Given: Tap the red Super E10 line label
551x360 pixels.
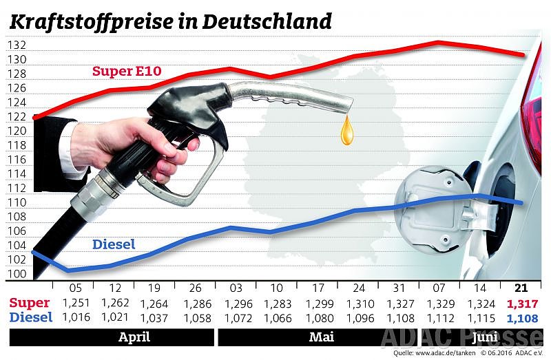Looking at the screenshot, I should [x=127, y=72].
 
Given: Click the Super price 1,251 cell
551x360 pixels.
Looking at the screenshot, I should [x=76, y=303].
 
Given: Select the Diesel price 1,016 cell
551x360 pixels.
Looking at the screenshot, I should [x=76, y=317].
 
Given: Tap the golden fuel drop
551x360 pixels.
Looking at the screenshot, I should [x=346, y=130].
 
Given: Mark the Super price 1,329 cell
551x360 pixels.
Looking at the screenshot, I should [x=440, y=304].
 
